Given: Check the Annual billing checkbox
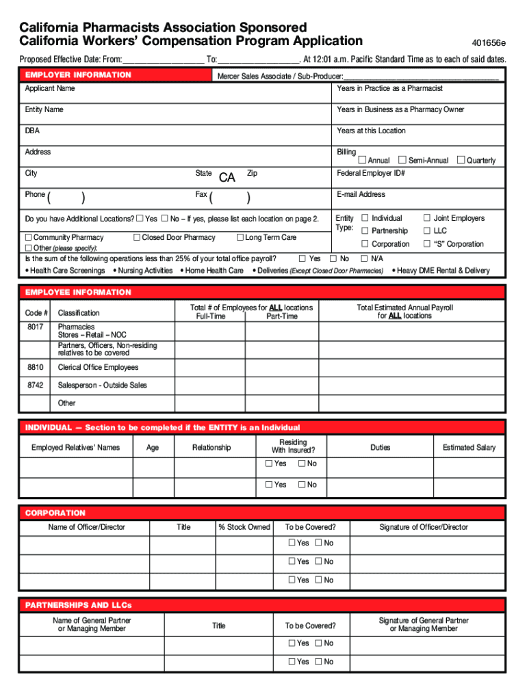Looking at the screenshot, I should click(x=362, y=160).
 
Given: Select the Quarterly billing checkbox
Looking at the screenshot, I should click(x=461, y=160).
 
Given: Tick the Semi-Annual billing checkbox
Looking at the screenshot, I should click(x=402, y=160).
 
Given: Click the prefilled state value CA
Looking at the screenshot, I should click(x=227, y=178).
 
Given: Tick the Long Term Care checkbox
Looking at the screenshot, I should click(x=240, y=237).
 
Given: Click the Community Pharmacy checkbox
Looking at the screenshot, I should click(x=29, y=237).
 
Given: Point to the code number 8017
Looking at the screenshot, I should click(x=36, y=327).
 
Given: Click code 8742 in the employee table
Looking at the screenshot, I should click(x=36, y=386).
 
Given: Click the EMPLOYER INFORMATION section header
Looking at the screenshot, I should click(x=78, y=75).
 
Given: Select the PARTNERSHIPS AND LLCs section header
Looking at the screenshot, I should click(x=78, y=605).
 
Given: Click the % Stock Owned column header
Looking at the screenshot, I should click(x=244, y=527).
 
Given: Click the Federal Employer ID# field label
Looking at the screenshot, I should click(x=371, y=174).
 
